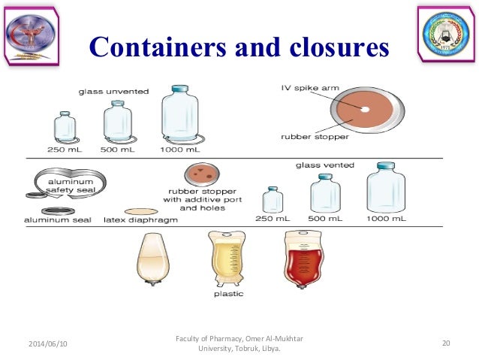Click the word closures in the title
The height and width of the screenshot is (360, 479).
[332, 48]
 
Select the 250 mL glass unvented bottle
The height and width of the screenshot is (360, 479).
[65, 128]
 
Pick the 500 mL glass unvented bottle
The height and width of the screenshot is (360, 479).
[117, 123]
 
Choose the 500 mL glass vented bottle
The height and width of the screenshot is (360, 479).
[325, 195]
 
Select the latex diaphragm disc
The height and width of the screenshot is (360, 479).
[140, 211]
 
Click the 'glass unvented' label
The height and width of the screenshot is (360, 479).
[114, 92]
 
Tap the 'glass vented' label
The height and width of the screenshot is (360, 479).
[325, 163]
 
